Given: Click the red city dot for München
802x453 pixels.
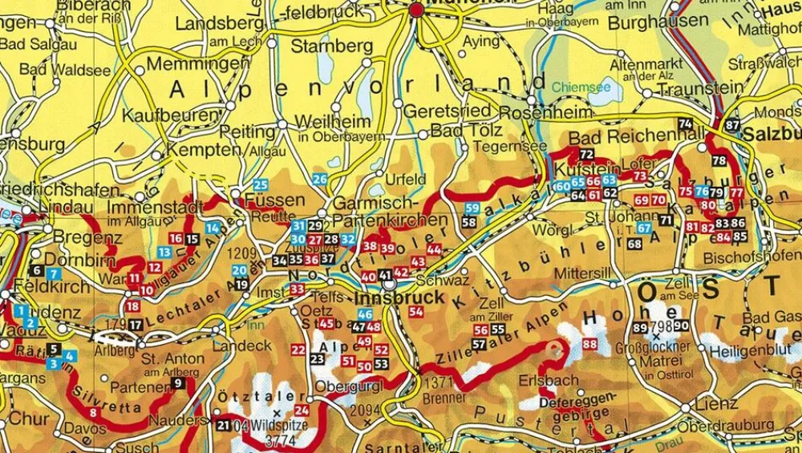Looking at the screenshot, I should (416, 10).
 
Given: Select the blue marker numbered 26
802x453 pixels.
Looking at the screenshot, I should (320, 180).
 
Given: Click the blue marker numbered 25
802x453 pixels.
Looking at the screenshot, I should (261, 185).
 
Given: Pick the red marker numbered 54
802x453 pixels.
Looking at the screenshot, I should (415, 311).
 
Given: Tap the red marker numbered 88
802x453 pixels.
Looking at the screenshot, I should (591, 345).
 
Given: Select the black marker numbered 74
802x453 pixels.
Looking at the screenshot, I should (685, 123).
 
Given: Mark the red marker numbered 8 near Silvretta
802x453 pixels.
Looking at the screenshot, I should (94, 413).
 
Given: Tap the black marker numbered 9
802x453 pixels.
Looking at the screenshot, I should (177, 383).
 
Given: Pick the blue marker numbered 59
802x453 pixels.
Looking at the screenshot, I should (472, 208).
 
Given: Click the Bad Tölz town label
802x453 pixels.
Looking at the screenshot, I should (466, 130).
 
